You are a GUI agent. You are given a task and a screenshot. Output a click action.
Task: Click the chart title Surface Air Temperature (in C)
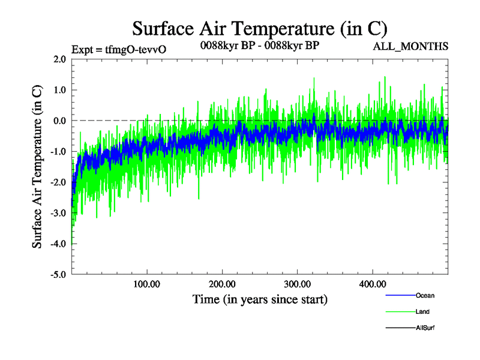point(259,29)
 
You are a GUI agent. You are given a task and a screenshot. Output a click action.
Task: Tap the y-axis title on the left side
point(37,167)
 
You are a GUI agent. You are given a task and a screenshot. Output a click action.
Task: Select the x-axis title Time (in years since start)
point(260,298)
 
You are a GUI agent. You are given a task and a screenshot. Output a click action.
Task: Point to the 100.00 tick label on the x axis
point(147,283)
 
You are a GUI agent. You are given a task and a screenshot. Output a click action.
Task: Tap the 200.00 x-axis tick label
point(222,283)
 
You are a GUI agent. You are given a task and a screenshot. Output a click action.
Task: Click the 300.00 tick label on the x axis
point(297,283)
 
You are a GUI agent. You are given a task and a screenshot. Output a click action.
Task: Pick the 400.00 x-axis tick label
point(372,283)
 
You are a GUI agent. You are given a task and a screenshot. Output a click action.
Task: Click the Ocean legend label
point(425,296)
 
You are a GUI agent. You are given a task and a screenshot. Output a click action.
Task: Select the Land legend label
point(422,312)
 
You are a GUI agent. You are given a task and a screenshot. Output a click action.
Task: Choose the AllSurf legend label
point(425,328)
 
